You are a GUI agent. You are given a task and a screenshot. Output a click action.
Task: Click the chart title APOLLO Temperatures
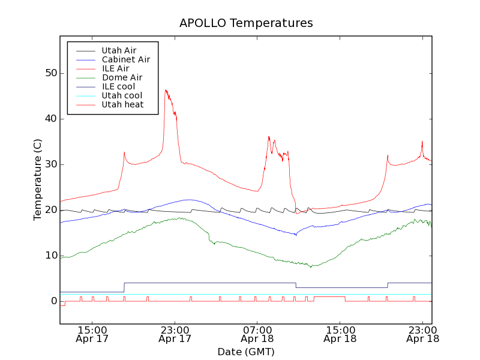click(246, 23)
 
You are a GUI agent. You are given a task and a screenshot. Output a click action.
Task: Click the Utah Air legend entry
click(119, 50)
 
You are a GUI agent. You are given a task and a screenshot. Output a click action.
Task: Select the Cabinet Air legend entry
click(125, 59)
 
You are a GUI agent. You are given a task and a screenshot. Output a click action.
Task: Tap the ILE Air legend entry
click(115, 68)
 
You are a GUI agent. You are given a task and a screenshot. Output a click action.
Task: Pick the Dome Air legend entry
click(122, 77)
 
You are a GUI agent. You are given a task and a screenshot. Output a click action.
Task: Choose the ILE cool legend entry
click(118, 86)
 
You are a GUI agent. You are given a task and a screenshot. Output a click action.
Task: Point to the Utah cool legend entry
click(122, 95)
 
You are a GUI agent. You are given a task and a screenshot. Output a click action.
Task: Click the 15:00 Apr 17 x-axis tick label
click(92, 334)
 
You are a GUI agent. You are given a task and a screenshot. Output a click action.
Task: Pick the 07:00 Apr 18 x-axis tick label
click(257, 334)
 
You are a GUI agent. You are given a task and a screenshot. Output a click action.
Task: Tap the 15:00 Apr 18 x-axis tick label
click(340, 334)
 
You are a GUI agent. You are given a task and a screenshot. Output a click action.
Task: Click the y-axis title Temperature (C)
click(38, 180)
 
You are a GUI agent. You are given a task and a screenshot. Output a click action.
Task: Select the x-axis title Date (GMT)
click(246, 352)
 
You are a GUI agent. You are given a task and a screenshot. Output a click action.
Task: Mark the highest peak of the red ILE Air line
click(166, 90)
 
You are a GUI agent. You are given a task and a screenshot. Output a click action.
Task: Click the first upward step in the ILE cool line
click(124, 287)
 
